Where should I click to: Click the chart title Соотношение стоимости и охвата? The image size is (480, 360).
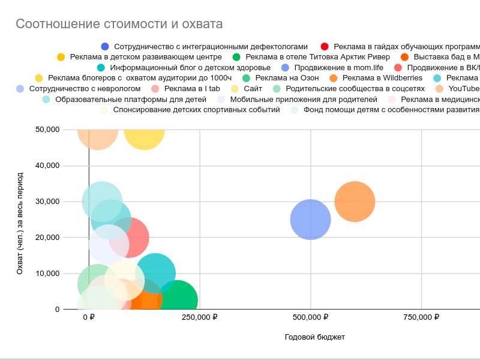(119, 24)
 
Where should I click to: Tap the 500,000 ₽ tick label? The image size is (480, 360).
(311, 317)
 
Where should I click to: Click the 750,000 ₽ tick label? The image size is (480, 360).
(422, 317)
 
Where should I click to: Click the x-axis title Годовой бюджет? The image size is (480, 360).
(314, 337)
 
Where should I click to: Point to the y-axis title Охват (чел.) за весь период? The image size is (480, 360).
(20, 223)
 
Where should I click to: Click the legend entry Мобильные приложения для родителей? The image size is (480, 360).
(304, 100)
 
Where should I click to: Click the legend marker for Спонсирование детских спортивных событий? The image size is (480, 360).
(104, 110)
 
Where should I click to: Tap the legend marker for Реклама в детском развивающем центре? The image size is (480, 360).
(61, 57)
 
